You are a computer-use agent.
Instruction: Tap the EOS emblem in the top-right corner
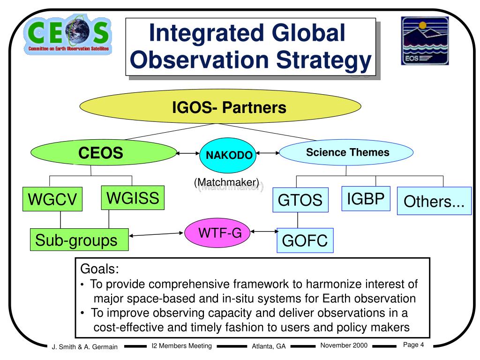point(425,41)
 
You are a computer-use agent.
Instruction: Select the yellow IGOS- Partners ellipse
point(221,108)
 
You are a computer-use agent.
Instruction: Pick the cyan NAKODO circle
point(228,155)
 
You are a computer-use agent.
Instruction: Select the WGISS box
point(133,197)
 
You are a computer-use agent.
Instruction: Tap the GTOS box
point(300,200)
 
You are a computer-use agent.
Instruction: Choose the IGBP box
point(366,199)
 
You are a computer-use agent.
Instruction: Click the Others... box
point(434,201)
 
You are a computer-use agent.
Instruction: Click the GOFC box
point(304,241)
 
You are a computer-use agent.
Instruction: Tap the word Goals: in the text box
point(100,269)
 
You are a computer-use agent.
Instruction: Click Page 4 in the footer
point(413,345)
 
